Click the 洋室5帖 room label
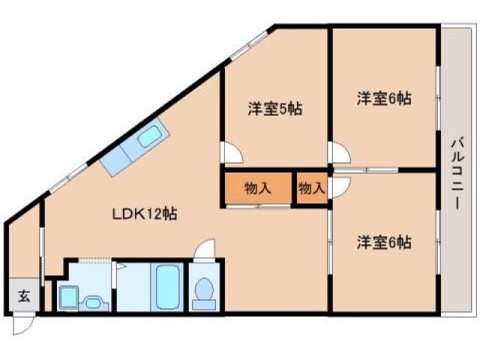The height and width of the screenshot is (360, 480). tap(274, 109)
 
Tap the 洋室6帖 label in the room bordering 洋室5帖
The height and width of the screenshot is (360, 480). tap(383, 98)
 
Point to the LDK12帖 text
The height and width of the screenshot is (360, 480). tap(145, 214)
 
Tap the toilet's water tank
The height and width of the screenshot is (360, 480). tap(203, 304)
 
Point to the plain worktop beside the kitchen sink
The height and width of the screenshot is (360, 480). tap(115, 158)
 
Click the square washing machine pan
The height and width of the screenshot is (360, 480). tap(67, 298)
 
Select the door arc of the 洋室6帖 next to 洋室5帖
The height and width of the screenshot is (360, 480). tap(340, 155)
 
